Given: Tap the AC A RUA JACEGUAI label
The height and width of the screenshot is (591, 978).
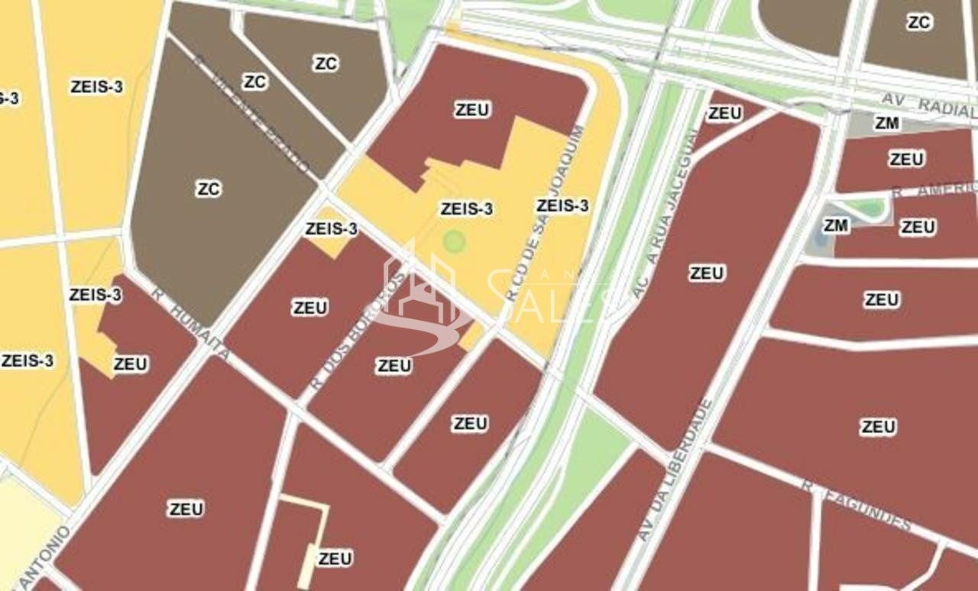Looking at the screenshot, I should pyautogui.click(x=665, y=213).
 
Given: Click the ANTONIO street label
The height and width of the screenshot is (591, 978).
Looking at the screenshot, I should pyautogui.click(x=43, y=557).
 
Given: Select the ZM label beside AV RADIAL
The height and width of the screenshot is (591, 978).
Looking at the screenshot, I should pyautogui.click(x=886, y=123).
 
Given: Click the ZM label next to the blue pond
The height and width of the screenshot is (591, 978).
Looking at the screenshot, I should pyautogui.click(x=836, y=225).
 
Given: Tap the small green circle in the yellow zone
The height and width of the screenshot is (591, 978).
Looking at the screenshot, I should pyautogui.click(x=455, y=242).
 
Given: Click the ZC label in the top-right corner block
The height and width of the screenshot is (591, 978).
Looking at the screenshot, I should pyautogui.click(x=918, y=23).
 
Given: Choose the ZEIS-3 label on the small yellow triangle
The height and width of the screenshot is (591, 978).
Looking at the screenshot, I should pyautogui.click(x=331, y=228).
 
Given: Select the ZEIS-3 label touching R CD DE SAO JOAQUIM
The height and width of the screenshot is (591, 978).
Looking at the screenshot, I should pyautogui.click(x=562, y=205).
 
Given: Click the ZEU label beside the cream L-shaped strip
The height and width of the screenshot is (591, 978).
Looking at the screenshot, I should pyautogui.click(x=335, y=558).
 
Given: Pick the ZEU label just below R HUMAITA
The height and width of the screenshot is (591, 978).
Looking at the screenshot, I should pyautogui.click(x=130, y=364).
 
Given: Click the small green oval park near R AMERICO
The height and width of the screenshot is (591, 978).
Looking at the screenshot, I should pyautogui.click(x=866, y=208).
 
